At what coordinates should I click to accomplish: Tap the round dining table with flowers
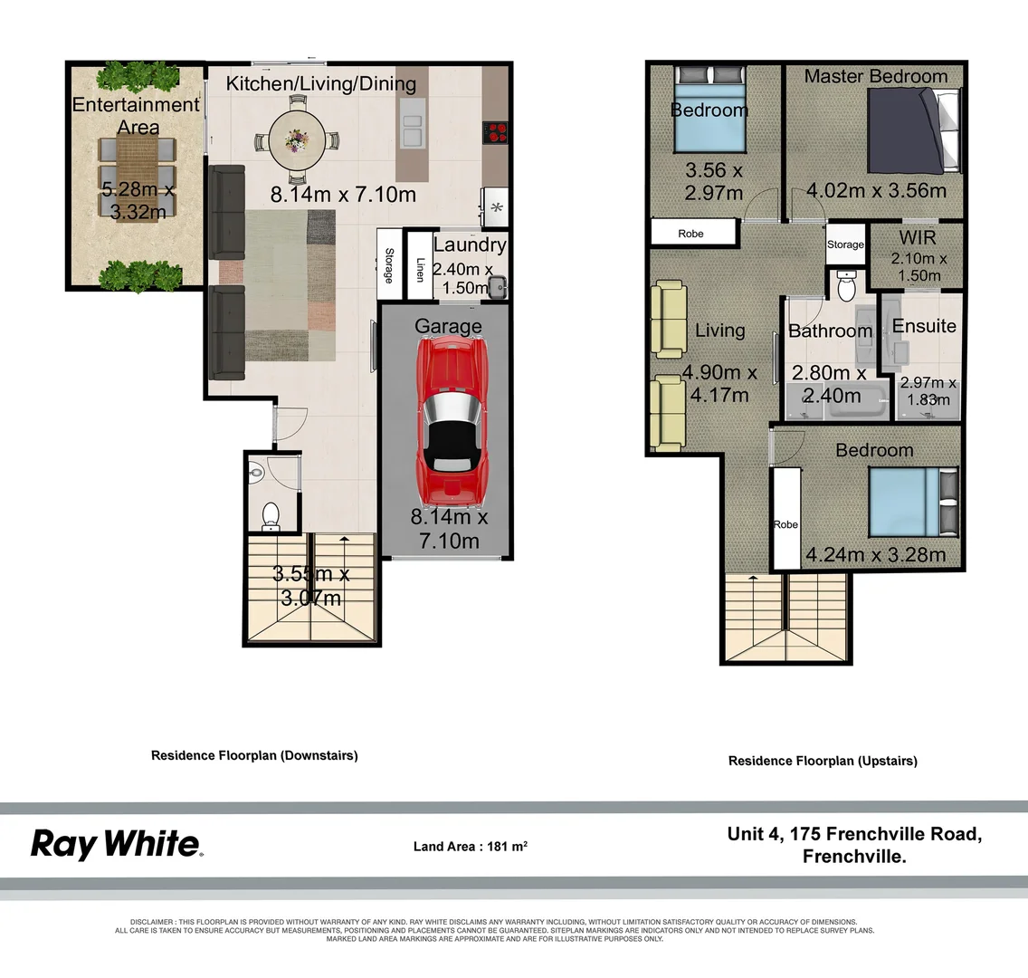(296, 140)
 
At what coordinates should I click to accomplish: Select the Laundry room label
(469, 244)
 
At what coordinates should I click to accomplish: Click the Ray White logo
(116, 844)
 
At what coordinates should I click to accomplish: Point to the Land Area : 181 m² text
(470, 847)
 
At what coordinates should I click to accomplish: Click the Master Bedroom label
(875, 76)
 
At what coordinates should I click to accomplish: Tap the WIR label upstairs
(918, 237)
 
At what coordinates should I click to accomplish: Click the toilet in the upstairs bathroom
(847, 288)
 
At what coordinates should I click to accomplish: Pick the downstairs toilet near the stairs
(271, 515)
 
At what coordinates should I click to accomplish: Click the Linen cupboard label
(420, 269)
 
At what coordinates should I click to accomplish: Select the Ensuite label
(924, 326)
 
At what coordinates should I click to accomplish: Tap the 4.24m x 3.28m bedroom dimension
(875, 554)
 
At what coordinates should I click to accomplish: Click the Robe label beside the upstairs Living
(690, 234)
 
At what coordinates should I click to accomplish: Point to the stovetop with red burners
(496, 132)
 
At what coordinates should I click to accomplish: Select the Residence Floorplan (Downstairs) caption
(254, 755)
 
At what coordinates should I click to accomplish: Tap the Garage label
(448, 326)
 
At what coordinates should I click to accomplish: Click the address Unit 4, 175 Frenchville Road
(853, 834)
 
